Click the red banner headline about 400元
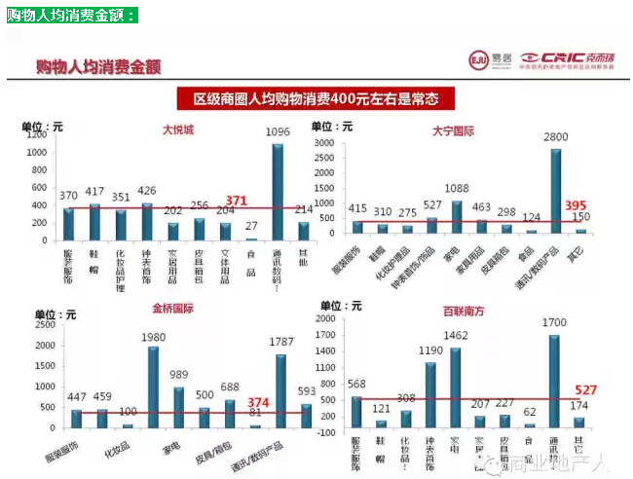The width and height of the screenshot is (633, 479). [316, 99]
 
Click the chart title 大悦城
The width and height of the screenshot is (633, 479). [178, 129]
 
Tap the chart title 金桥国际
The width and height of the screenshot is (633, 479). [173, 309]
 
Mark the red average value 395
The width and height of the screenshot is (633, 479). [577, 205]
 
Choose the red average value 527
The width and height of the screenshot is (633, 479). [586, 389]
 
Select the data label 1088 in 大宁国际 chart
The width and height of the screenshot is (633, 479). [457, 189]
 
